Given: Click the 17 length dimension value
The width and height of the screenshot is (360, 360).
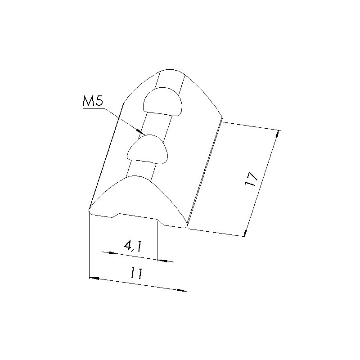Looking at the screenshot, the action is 252,179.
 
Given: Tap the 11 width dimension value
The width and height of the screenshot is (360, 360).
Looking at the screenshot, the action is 137,273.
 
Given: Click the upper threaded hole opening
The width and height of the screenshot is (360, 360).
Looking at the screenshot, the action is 162,102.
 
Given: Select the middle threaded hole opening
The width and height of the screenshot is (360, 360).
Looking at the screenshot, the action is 148,149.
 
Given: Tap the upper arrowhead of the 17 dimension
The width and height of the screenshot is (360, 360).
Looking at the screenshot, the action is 278,134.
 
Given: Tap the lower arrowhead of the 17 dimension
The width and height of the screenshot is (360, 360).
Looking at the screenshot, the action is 245,233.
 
